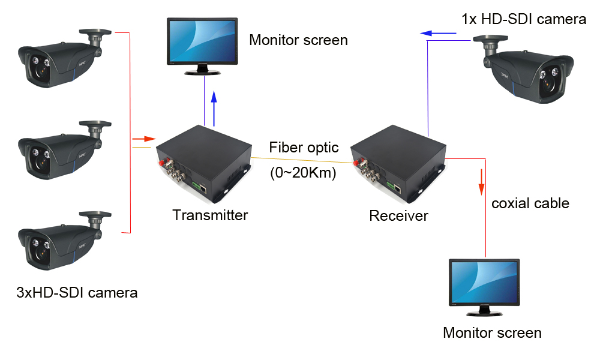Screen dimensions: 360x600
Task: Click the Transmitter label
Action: [210, 215]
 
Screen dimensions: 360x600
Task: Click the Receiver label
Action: [398, 215]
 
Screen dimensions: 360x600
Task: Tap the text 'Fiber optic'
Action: [304, 147]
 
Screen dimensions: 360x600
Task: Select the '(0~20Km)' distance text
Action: [303, 173]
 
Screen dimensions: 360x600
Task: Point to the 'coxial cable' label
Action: [530, 203]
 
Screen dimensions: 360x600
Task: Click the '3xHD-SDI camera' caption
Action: [77, 293]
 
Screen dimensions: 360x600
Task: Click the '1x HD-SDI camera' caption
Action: [523, 19]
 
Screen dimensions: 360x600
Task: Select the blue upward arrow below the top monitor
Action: [214, 108]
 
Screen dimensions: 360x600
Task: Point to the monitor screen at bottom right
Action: [484, 285]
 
